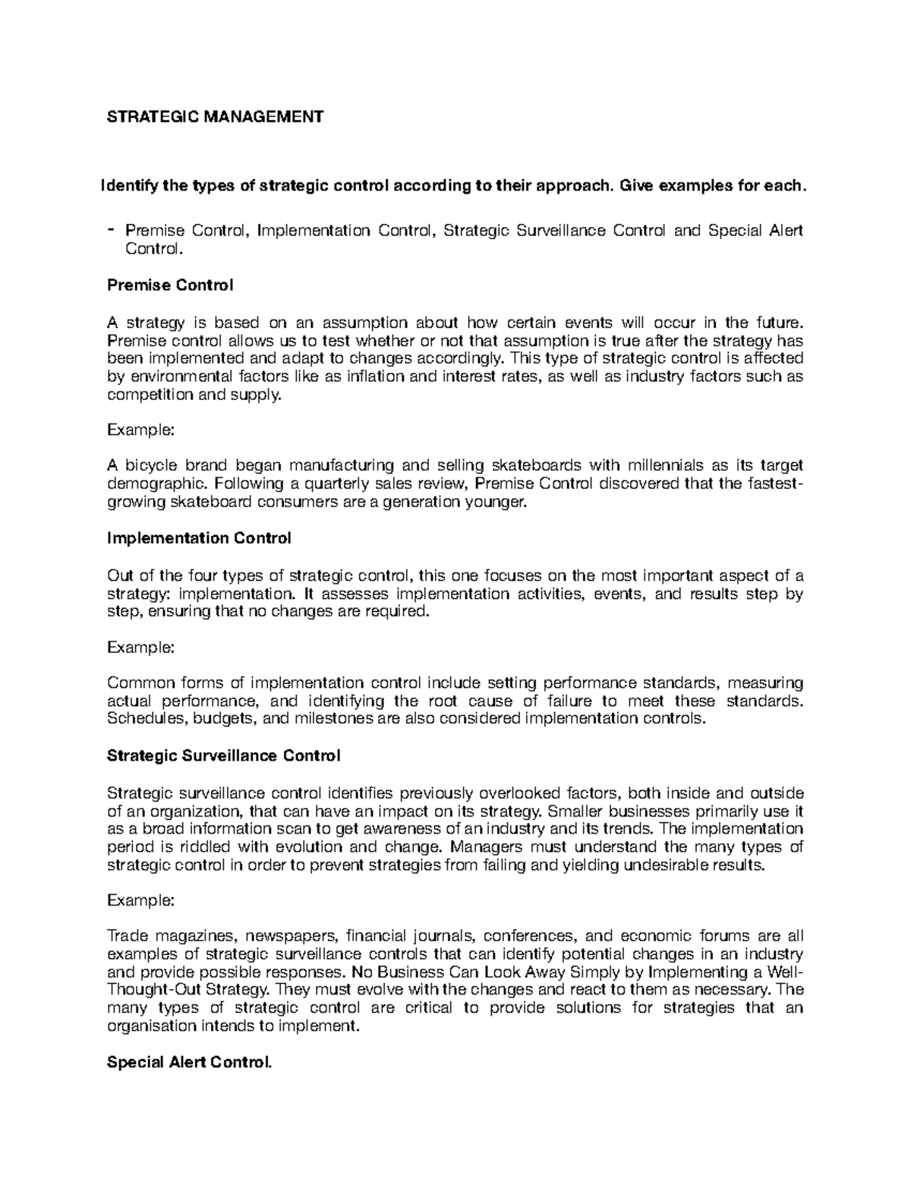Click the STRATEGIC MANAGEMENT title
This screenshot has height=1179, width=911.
[215, 116]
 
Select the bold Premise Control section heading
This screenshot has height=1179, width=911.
[170, 285]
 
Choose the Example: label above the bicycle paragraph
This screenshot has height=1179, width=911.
[141, 430]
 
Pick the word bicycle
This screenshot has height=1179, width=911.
[152, 465]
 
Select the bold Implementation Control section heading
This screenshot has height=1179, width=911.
[199, 538]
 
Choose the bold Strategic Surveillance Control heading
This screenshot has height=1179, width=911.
[224, 755]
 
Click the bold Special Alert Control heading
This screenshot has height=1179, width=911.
[189, 1062]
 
